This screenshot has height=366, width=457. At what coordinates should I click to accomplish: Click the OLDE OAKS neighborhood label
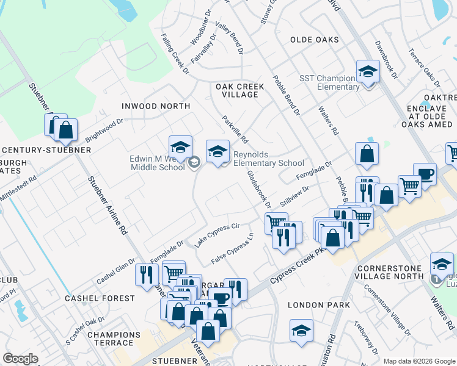click(x=314, y=40)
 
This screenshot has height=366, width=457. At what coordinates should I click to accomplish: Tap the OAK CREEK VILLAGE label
click(x=240, y=90)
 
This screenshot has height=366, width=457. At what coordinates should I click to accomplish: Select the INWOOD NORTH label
click(x=156, y=106)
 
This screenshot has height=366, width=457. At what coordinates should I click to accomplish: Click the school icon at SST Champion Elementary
click(x=368, y=73)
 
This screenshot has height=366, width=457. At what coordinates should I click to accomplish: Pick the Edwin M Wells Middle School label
click(x=157, y=163)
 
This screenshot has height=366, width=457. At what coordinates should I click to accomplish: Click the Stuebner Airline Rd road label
click(x=108, y=206)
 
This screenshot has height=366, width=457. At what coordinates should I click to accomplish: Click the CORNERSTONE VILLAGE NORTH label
click(x=390, y=271)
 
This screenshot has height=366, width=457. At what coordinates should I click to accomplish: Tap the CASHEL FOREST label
click(x=100, y=298)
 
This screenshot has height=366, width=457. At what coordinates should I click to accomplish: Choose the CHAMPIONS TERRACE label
click(x=114, y=339)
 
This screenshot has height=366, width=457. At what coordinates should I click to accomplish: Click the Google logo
click(x=21, y=359)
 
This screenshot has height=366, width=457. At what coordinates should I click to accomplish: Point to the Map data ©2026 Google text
click(x=419, y=361)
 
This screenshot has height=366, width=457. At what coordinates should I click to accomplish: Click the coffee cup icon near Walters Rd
click(x=425, y=174)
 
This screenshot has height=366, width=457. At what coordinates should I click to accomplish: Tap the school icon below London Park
click(x=302, y=331)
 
